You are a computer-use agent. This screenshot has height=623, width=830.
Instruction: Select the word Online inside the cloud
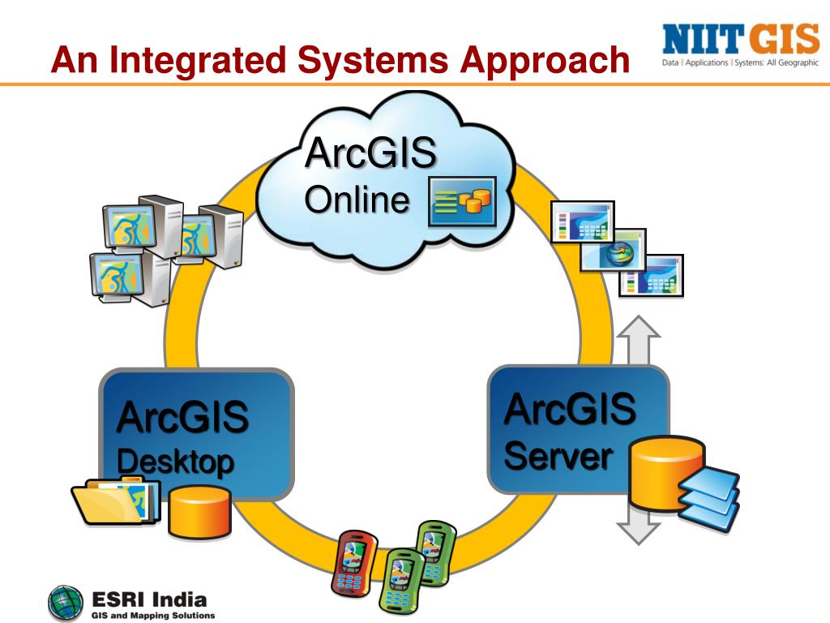click(357, 200)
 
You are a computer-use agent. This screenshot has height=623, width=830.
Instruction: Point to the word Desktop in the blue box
click(175, 462)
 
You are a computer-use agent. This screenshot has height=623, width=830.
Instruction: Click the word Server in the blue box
click(558, 457)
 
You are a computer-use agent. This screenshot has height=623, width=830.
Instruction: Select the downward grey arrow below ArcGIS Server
click(641, 526)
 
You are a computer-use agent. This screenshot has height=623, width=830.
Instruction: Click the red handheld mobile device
click(354, 561)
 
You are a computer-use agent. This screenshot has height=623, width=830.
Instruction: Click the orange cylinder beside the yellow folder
click(199, 511)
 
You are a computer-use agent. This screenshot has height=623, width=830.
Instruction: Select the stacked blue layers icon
click(708, 495)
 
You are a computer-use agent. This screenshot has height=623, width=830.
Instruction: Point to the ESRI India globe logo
click(66, 604)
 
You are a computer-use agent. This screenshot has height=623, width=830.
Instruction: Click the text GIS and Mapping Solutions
click(152, 615)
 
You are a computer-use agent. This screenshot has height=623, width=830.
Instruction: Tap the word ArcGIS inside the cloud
click(370, 153)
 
